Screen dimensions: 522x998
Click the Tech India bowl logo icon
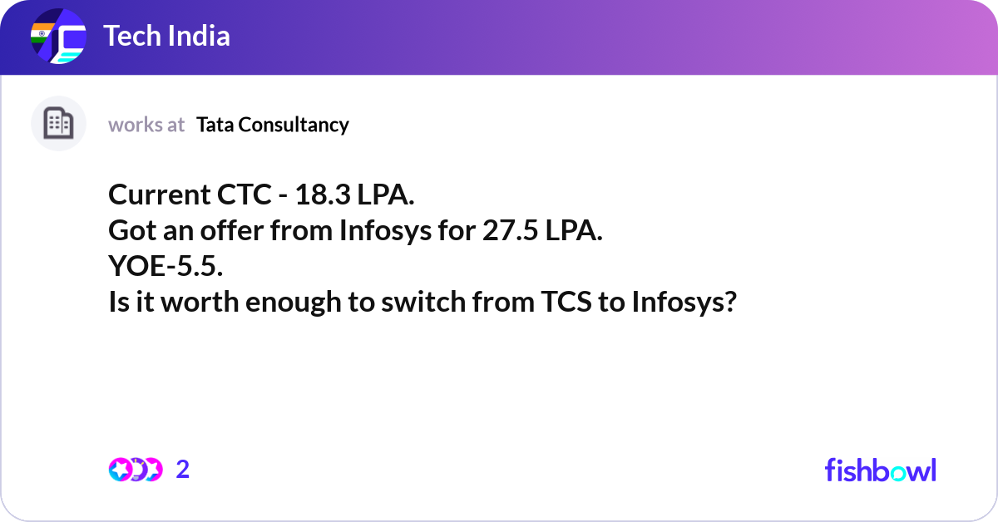tap(58, 37)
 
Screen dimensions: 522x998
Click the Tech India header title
tap(166, 37)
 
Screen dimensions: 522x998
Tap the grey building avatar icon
tap(58, 124)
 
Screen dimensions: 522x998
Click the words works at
tap(146, 125)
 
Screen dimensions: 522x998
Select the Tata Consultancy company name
tap(273, 125)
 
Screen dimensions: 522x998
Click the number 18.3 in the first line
tap(321, 195)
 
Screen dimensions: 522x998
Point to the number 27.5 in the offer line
tap(509, 231)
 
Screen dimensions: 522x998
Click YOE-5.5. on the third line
tap(166, 267)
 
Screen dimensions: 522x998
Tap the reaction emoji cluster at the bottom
tap(135, 470)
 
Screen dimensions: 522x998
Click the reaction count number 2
tap(183, 470)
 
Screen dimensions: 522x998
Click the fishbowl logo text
tap(880, 470)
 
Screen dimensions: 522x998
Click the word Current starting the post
tap(155, 195)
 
